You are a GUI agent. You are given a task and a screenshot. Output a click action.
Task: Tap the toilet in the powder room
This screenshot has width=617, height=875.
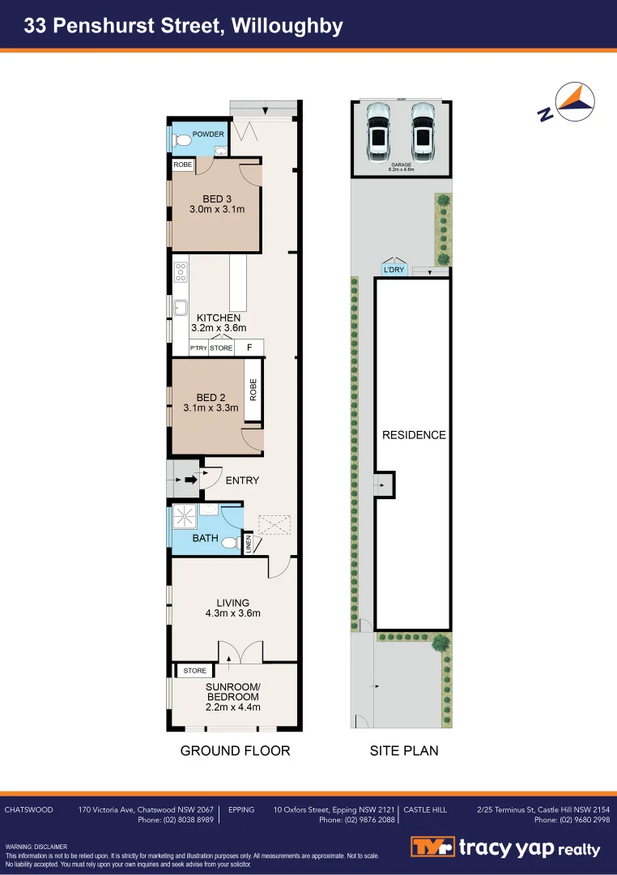182,141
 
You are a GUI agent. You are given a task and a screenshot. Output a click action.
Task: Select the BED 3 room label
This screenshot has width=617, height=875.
216,198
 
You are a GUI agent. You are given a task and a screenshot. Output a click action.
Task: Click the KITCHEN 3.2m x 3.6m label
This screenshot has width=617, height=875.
218,322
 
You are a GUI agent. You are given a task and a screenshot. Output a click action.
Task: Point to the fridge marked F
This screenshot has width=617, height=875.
249,348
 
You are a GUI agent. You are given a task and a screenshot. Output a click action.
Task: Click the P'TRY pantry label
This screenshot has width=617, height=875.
198,348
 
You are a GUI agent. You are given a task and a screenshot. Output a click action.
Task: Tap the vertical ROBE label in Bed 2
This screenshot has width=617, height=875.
253,391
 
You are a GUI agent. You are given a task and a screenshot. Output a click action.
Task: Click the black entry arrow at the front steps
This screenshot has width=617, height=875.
190,480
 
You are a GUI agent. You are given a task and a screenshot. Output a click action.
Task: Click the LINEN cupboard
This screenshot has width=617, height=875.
249,544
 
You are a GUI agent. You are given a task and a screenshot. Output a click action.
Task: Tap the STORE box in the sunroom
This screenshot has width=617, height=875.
195,671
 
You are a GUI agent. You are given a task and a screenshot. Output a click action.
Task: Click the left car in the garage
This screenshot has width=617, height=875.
378,131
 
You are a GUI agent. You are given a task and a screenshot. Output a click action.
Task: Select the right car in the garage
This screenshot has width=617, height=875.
422,131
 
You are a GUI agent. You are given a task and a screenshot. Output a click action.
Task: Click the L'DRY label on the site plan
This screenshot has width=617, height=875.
394,270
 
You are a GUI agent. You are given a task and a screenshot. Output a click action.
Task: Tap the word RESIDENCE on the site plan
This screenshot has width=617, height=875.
414,435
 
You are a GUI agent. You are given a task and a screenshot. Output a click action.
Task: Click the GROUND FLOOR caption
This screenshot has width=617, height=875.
235,751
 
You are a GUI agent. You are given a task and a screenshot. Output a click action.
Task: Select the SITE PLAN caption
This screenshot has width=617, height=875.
404,751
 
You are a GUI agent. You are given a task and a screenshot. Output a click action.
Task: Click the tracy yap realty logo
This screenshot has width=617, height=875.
506,847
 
